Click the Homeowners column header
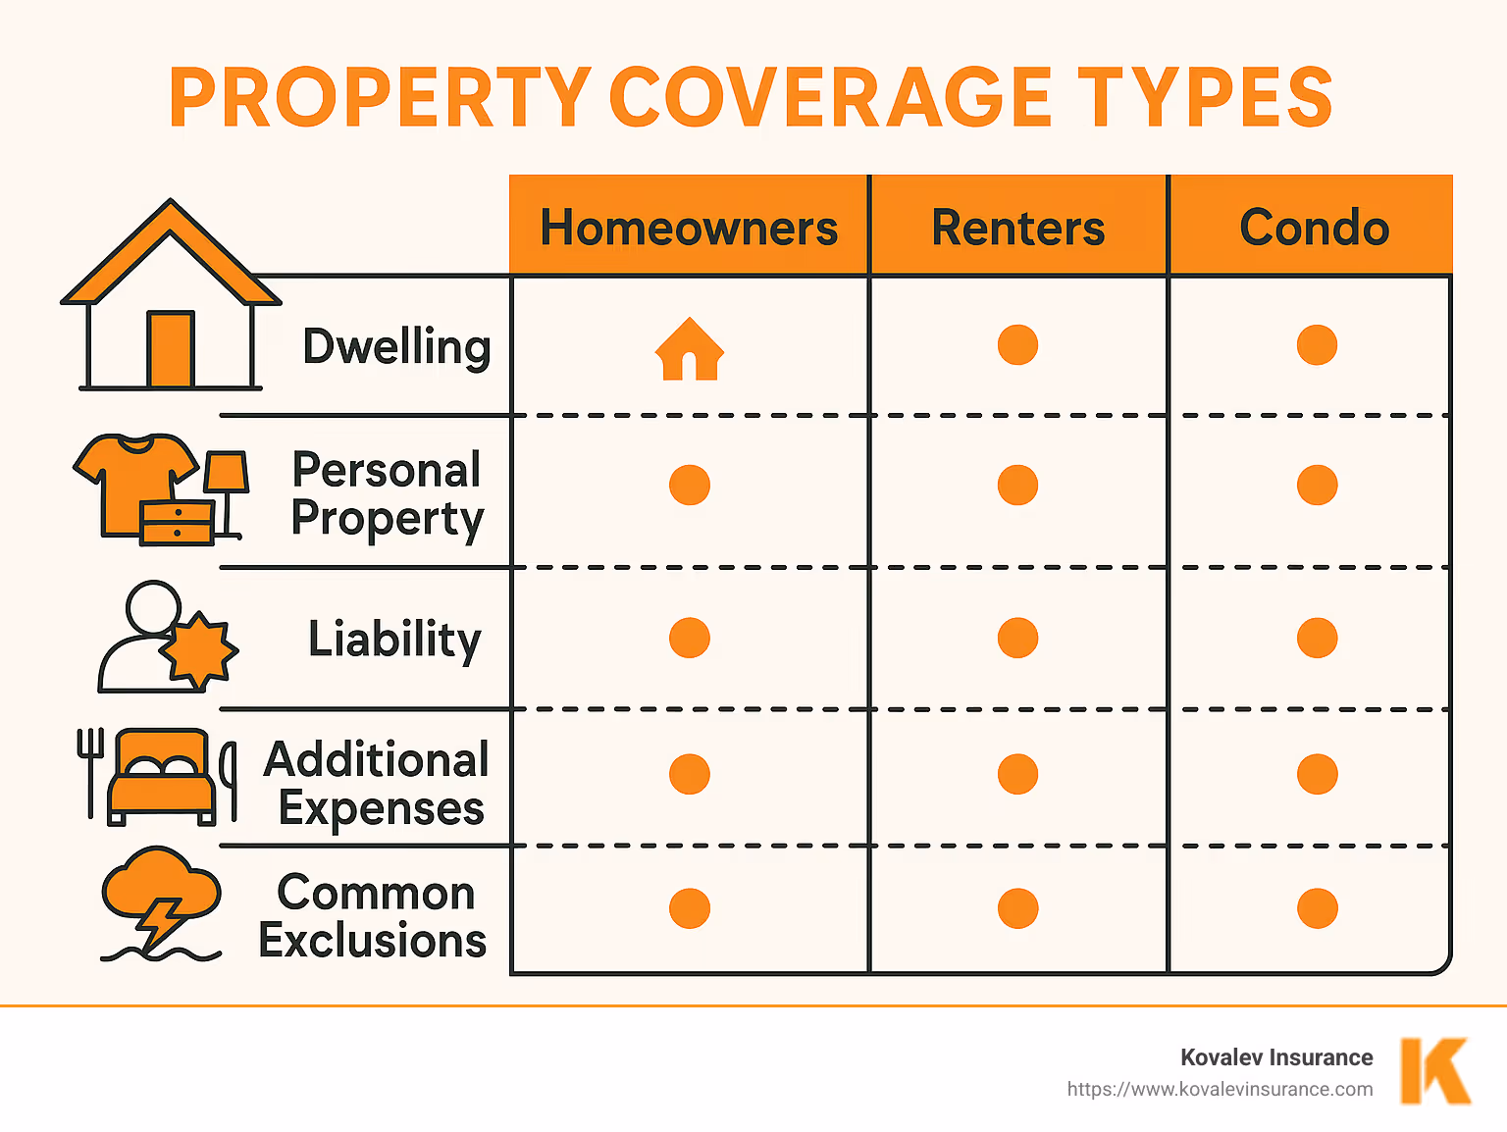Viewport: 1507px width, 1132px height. click(689, 228)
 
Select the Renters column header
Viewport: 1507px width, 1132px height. click(1017, 228)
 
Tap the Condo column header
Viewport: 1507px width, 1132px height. click(1314, 228)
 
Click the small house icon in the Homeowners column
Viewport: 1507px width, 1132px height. click(690, 349)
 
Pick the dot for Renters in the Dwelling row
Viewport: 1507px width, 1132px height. click(1017, 344)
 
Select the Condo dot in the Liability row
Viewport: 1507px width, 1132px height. click(1317, 638)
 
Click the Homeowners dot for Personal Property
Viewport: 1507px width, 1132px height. click(690, 485)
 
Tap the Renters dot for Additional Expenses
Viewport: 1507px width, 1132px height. click(1017, 774)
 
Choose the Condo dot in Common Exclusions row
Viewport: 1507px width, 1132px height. click(1317, 908)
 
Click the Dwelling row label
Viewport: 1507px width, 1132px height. click(396, 346)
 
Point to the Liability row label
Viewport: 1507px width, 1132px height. click(394, 639)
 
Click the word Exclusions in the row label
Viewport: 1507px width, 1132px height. click(373, 941)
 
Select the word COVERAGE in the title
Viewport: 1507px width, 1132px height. click(831, 97)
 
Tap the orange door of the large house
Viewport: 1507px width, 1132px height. click(171, 349)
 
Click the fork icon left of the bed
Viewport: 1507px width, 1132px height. click(89, 770)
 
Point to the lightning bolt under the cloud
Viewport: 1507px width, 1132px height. click(161, 922)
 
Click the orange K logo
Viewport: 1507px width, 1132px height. click(1435, 1071)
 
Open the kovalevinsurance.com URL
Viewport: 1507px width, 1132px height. click(1220, 1089)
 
